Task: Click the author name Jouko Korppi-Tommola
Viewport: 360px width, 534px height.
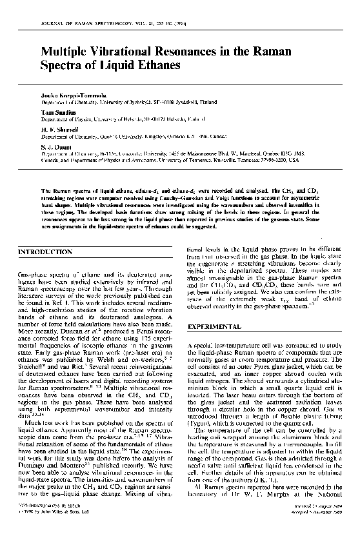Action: pos(70,96)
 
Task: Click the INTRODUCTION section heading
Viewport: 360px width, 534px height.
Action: pos(45,252)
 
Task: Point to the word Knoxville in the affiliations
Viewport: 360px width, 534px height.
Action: pos(263,160)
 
